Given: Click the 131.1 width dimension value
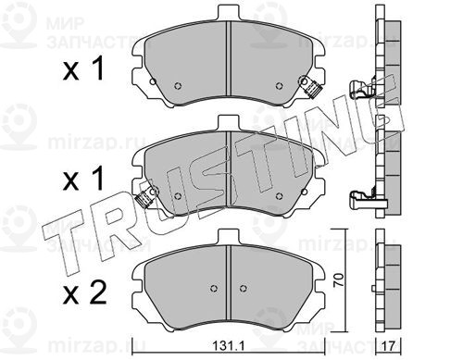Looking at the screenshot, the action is [229, 346].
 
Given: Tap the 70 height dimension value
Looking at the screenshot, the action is [339, 280].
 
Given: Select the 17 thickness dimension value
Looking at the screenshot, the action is [389, 346].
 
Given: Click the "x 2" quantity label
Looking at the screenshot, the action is [84, 292].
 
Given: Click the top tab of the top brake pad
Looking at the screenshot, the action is [229, 13].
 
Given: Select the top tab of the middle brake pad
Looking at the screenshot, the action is [229, 123].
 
